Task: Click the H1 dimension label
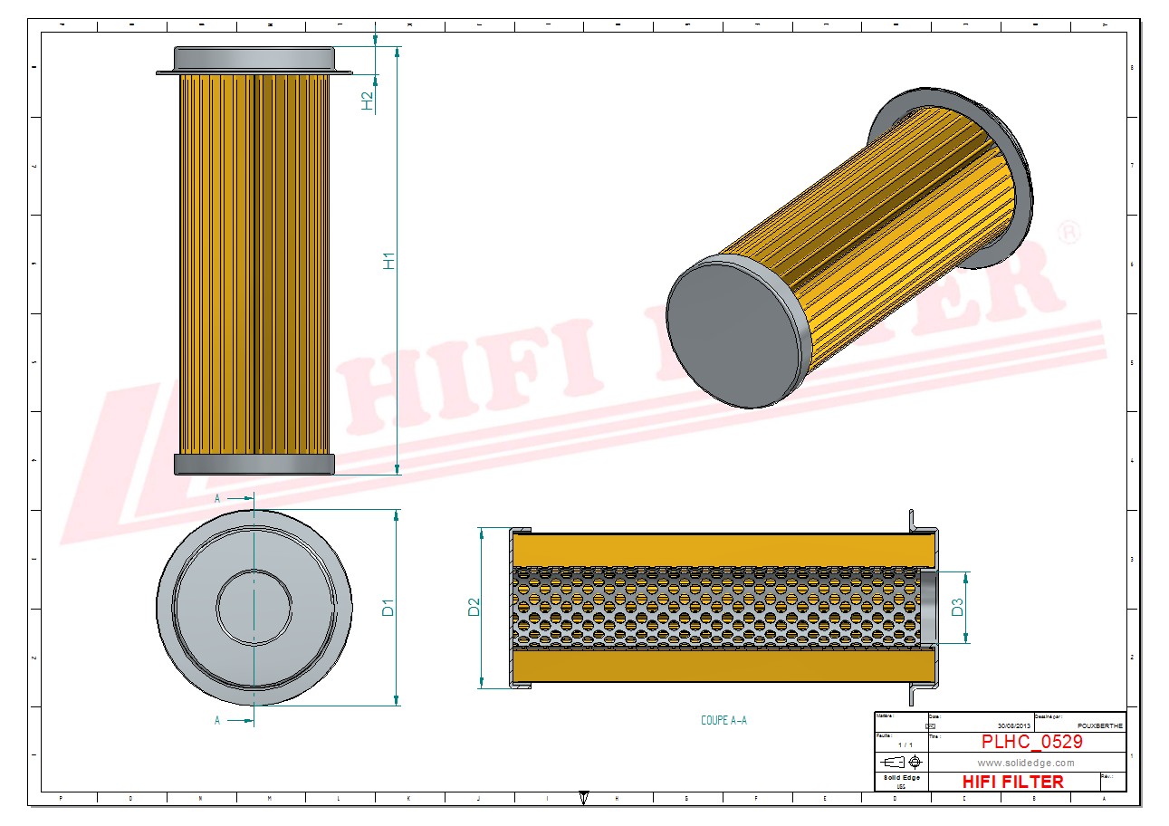[x=389, y=261]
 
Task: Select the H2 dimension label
[x=368, y=101]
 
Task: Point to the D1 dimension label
[x=388, y=607]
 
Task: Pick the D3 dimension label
[x=957, y=608]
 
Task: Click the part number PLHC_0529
[x=1031, y=742]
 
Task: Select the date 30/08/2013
[x=1013, y=725]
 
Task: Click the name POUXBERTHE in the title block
[x=1100, y=725]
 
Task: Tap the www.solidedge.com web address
[x=1026, y=763]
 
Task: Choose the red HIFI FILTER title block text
[x=1012, y=782]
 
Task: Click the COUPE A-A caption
[x=723, y=721]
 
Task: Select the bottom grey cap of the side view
[x=254, y=465]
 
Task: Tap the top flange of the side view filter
[x=254, y=61]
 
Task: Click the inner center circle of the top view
[x=254, y=607]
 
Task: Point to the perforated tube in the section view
[x=715, y=607]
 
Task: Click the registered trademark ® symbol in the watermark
[x=1068, y=232]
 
